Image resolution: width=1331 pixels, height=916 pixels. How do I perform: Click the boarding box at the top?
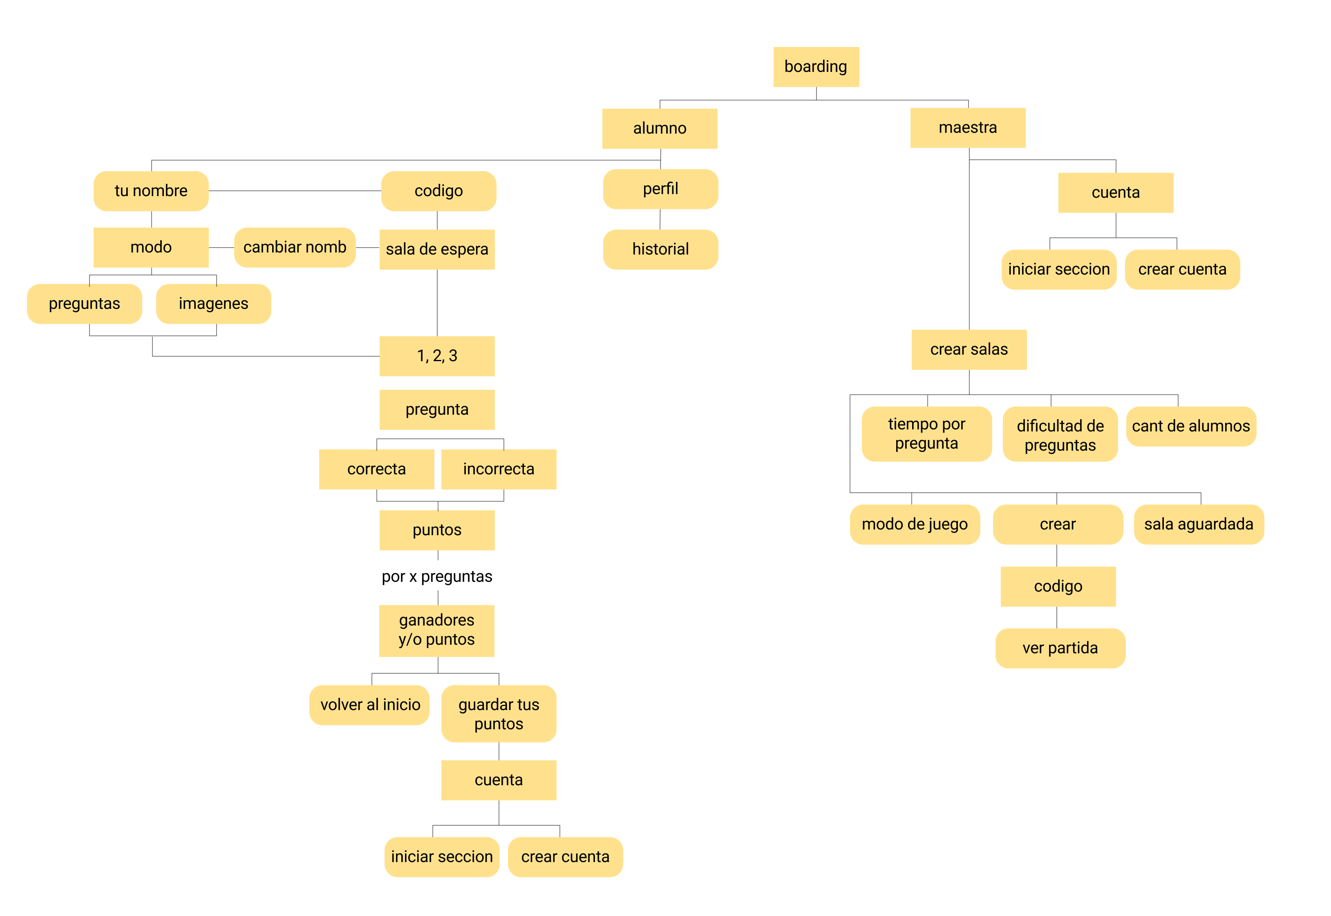816,67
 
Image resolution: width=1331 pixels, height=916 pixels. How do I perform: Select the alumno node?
660,128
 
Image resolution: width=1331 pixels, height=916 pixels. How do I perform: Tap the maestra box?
967,127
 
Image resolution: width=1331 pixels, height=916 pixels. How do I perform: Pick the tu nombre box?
151,190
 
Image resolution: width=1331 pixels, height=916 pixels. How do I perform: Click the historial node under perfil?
660,249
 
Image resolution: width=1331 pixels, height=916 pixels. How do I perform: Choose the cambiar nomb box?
295,247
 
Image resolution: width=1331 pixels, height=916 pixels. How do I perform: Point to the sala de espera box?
437,249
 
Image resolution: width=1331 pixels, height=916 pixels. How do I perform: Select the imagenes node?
213,304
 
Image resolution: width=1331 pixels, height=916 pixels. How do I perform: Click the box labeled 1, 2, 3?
437,356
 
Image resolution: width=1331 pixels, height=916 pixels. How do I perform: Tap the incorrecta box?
498,469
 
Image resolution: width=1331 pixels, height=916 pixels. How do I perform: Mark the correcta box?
376,469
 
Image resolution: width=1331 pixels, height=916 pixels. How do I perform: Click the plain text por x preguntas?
437,576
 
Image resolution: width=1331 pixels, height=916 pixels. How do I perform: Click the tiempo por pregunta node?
926,433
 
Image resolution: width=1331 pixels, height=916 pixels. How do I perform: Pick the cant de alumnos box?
1190,426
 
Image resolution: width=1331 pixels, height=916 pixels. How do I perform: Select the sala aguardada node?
1199,524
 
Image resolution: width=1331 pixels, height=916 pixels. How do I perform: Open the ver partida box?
1060,648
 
